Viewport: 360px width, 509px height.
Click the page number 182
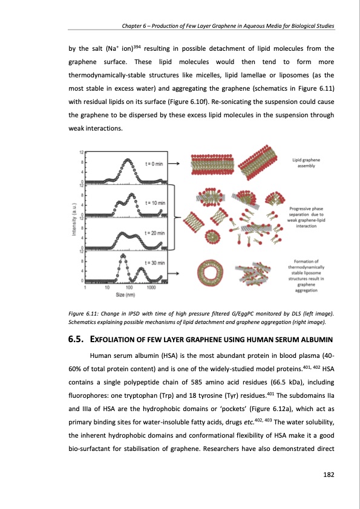click(329, 475)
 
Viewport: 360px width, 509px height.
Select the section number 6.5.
click(76, 340)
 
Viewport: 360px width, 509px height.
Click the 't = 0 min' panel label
click(154, 164)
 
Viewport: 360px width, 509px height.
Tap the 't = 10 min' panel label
click(155, 203)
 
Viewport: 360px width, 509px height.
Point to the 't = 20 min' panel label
click(155, 233)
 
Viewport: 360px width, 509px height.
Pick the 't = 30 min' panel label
click(155, 263)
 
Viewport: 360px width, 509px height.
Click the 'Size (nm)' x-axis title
click(125, 295)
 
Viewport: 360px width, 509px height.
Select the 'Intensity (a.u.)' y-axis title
click(74, 219)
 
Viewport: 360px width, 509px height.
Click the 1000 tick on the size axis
click(151, 288)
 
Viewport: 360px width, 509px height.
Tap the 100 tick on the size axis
click(129, 288)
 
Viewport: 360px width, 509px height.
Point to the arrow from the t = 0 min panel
click(174, 164)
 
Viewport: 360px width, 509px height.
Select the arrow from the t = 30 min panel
click(174, 274)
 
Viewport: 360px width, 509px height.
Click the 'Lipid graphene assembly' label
click(306, 163)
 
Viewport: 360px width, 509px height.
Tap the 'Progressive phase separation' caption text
click(306, 217)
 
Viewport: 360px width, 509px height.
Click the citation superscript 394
click(138, 47)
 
